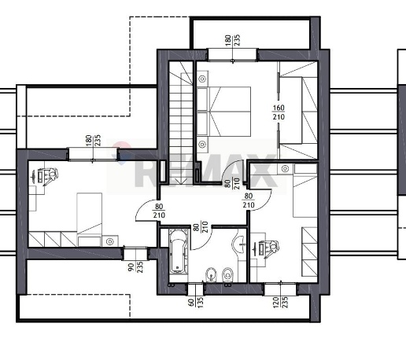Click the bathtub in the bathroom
pyautogui.click(x=179, y=252)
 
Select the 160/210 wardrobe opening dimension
pyautogui.click(x=279, y=112)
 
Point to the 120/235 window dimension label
pyautogui.click(x=281, y=303)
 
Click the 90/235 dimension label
pyautogui.click(x=135, y=267)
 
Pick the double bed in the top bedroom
pyautogui.click(x=223, y=112)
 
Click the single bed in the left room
pyautogui.click(x=90, y=213)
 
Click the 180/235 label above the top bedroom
pyautogui.click(x=232, y=40)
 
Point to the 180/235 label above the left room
pyautogui.click(x=93, y=141)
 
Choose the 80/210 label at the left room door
pyautogui.click(x=159, y=211)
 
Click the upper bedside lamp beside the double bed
pyautogui.click(x=202, y=79)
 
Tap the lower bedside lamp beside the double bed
pyautogui.click(x=202, y=144)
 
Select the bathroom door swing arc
pyautogui.click(x=205, y=242)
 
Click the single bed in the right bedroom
pyautogui.click(x=305, y=191)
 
